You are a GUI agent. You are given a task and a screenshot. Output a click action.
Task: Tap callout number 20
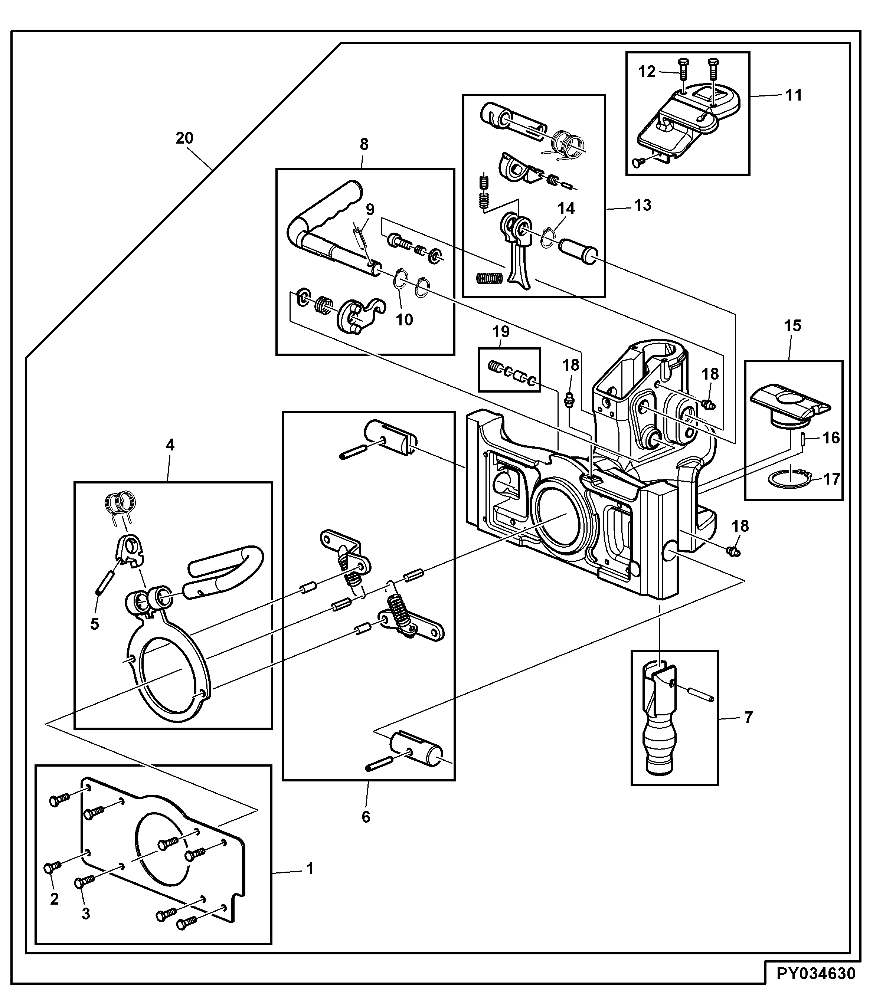(184, 138)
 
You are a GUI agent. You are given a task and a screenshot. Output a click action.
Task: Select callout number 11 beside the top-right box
(794, 95)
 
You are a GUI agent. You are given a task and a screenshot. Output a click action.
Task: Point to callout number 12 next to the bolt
(647, 72)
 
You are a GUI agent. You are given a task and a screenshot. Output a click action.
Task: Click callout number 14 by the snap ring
(566, 208)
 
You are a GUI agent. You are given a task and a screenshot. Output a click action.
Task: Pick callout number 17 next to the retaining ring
(831, 479)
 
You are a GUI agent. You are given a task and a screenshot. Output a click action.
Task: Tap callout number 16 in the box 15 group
(831, 437)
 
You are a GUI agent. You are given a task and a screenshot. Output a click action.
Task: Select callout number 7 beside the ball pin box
(748, 718)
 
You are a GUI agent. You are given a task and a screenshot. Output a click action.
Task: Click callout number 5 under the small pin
(95, 623)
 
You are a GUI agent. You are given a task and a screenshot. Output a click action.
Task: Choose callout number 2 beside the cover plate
(54, 899)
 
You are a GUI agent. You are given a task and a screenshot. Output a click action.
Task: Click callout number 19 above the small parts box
(501, 332)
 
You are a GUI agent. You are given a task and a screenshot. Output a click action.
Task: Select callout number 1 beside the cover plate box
(310, 868)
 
